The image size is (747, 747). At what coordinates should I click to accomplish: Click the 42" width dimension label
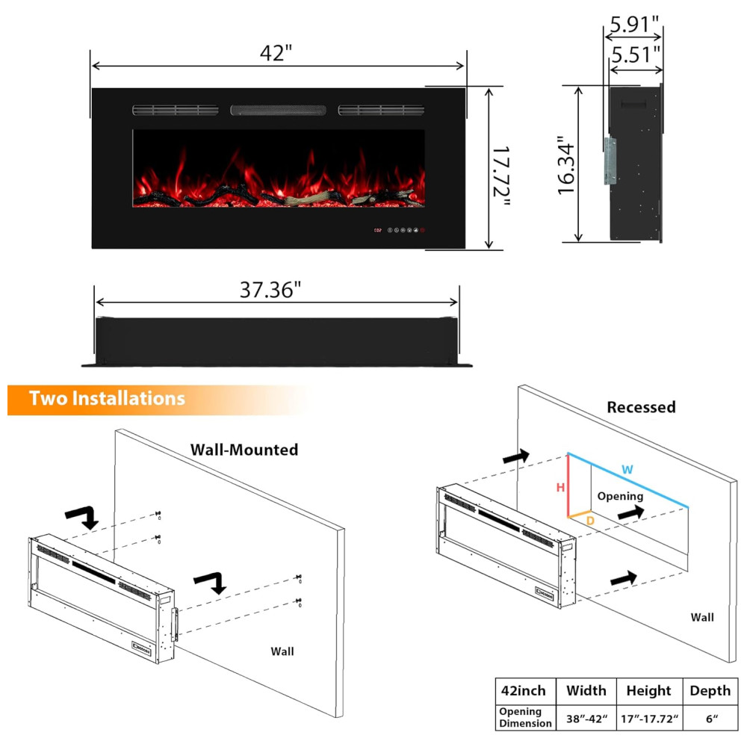[276, 52]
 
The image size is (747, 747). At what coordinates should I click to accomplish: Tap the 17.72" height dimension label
[501, 176]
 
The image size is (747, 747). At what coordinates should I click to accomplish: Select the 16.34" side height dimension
[567, 165]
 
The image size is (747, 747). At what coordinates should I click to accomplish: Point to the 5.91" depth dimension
[634, 25]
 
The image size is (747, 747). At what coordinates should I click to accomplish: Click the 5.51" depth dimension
[636, 55]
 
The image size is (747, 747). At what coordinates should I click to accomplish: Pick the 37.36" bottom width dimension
[270, 290]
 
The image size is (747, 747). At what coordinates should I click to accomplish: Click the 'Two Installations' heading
[107, 398]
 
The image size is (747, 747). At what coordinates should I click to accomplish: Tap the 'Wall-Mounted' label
[244, 449]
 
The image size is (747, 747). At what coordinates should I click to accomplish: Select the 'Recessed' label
[641, 407]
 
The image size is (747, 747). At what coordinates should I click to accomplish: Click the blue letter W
[627, 470]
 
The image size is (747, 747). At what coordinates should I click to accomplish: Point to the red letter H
[560, 487]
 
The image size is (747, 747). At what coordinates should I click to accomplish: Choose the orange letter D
[590, 521]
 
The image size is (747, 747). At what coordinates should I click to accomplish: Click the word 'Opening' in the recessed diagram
[620, 497]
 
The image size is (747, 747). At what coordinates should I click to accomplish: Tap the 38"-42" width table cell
[587, 719]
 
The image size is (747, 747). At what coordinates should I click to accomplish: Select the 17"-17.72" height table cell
[649, 719]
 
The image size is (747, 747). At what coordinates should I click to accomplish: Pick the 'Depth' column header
[710, 691]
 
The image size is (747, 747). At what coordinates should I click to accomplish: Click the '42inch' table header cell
[523, 691]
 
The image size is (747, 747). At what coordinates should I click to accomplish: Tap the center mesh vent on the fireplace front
[278, 111]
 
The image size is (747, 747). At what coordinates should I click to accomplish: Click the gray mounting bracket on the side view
[610, 161]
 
